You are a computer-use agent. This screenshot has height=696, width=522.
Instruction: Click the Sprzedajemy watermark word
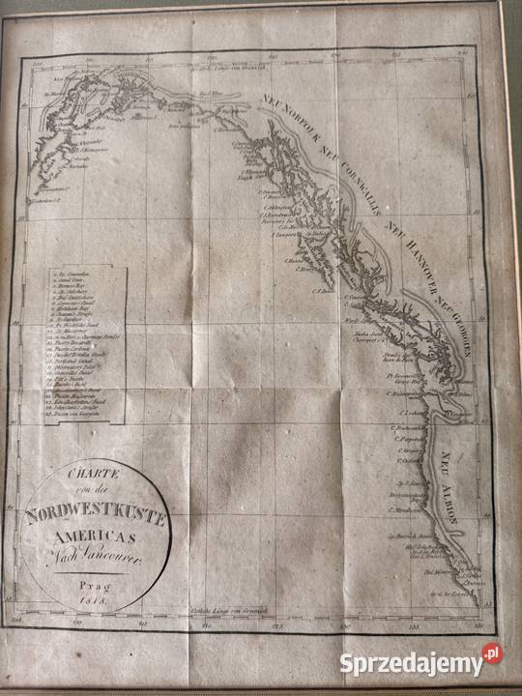point(410,664)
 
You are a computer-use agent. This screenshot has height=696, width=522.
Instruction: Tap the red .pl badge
point(492,653)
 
